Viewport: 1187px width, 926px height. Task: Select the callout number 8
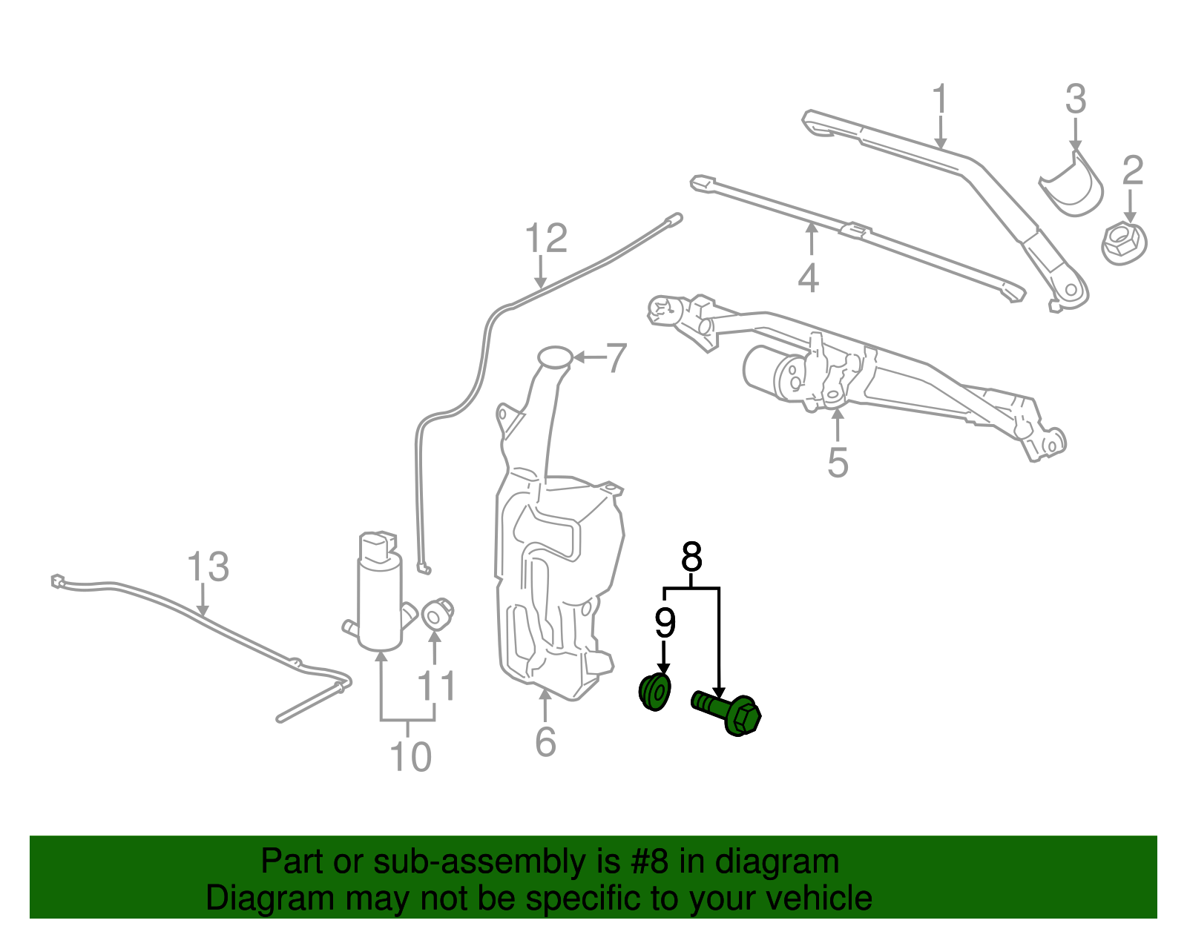691,557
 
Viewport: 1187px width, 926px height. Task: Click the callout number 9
665,623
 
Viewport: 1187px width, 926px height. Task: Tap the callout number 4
809,277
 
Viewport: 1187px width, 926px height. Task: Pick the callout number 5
838,463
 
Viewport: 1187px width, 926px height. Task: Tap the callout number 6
545,741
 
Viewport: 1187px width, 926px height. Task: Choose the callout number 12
546,238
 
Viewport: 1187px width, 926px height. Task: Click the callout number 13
208,566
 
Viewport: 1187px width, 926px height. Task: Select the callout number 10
410,756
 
